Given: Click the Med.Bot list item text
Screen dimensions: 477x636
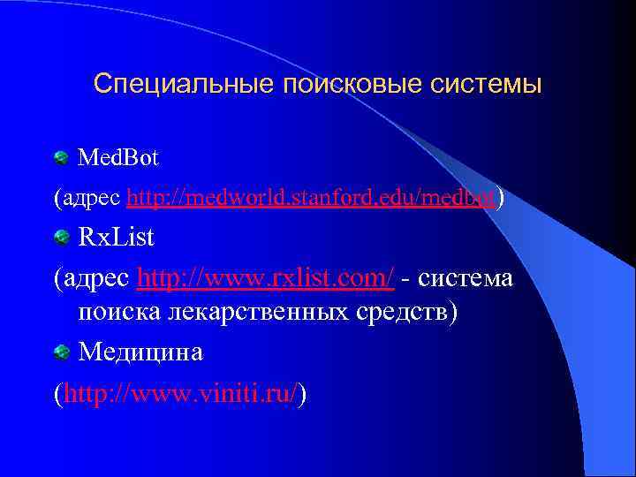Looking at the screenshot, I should click(118, 159).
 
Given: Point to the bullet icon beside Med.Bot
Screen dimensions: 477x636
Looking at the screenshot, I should click(61, 159).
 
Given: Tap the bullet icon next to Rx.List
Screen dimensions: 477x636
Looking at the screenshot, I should click(61, 238).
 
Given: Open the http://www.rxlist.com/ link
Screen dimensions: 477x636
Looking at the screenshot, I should click(266, 278).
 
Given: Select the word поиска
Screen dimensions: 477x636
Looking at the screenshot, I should click(119, 314).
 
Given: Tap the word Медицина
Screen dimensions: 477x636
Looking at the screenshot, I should click(140, 352).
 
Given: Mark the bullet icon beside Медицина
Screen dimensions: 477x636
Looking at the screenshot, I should click(61, 353).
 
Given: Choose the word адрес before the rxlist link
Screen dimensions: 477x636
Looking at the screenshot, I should click(98, 279).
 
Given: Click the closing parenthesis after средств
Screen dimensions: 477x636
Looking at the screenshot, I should click(453, 314).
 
